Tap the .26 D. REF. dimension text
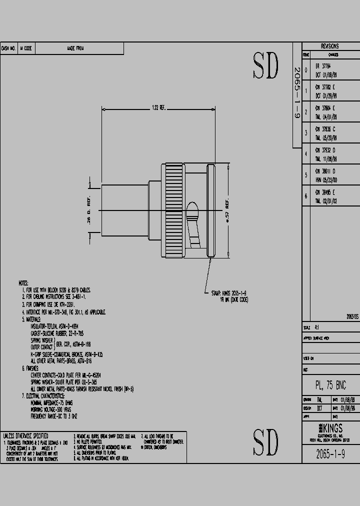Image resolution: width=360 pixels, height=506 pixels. tap(89, 210)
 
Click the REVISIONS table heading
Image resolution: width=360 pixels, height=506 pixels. tap(330, 45)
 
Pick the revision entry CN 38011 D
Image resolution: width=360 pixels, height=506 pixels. tap(325, 171)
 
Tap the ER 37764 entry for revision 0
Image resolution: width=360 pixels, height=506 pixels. tap(323, 65)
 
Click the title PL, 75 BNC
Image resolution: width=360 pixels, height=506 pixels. tap(330, 385)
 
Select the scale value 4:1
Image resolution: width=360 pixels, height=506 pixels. tap(316, 327)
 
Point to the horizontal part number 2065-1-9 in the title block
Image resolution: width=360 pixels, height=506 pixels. tap(330, 453)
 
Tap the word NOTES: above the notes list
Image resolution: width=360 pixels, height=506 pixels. tap(23, 283)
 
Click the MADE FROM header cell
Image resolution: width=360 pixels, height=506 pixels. tap(75, 48)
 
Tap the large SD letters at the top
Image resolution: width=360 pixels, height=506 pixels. tap(265, 66)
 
